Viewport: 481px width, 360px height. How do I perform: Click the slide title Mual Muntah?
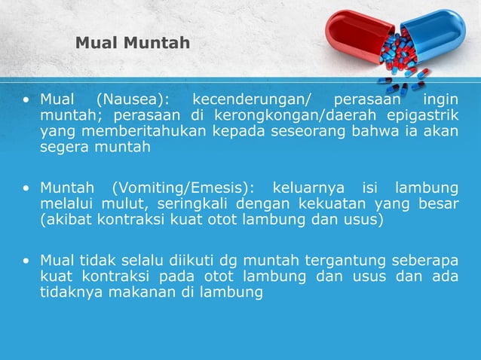point(133,43)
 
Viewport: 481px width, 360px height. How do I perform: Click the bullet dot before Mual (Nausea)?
point(26,99)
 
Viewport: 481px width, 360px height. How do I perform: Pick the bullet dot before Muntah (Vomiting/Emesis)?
point(26,188)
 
